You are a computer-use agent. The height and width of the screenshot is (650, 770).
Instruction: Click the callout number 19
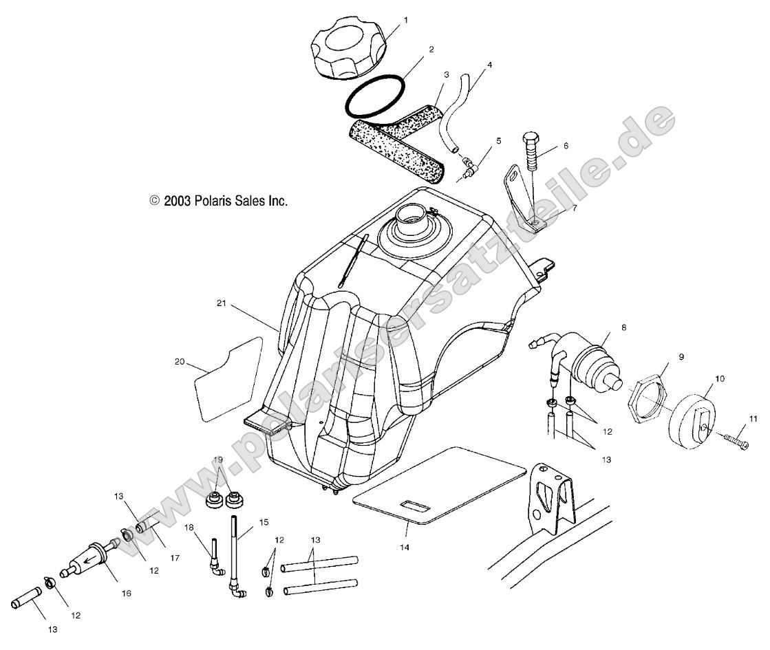point(219,459)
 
